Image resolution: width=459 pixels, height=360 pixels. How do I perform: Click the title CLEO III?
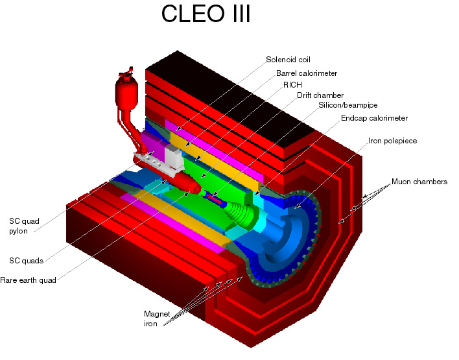206,14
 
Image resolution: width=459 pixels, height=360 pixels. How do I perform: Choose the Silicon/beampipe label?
347,104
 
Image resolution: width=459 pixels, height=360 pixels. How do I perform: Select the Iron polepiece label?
392,140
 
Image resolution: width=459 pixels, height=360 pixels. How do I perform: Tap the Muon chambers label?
419,182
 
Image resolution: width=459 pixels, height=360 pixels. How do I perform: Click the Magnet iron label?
157,318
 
